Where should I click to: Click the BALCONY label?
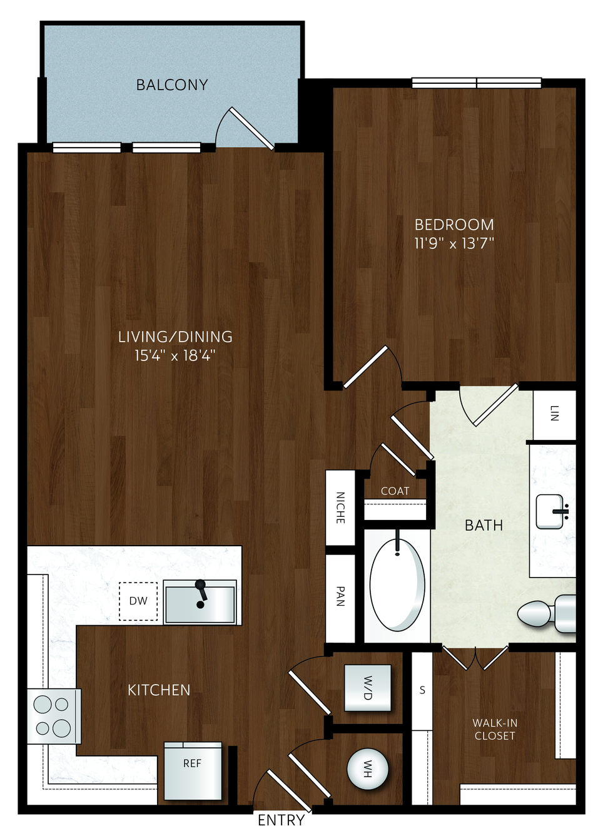coord(172,85)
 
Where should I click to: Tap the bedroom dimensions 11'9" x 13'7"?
coord(454,243)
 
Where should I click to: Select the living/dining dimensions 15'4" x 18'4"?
coord(175,355)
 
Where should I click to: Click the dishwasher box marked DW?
coord(138,601)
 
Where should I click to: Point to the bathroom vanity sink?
coord(550,512)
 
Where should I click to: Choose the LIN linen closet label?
coord(554,413)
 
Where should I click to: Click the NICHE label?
coord(340,507)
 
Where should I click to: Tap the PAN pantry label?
coord(340,596)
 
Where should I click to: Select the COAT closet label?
coord(395,491)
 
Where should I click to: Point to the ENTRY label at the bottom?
coord(281,820)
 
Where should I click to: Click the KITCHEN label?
coord(160,690)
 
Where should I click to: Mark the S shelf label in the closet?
coord(422,690)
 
